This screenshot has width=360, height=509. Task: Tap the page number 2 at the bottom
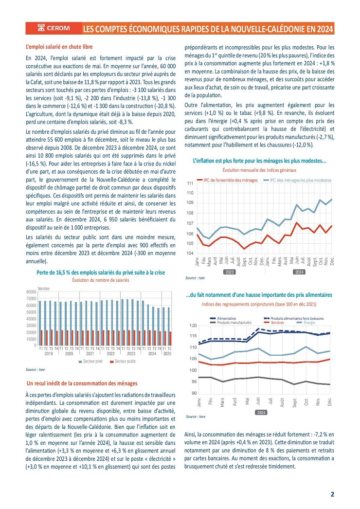click(x=333, y=494)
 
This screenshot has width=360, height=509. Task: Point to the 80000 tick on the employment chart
click(x=30, y=292)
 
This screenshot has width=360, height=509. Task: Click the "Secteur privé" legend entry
click(x=91, y=362)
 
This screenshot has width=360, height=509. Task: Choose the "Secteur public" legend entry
click(x=124, y=362)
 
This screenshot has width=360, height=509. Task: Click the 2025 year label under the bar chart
click(x=167, y=354)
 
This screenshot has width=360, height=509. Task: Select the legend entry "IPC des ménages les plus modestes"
click(x=297, y=180)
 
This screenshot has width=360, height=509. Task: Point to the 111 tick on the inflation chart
click(x=190, y=183)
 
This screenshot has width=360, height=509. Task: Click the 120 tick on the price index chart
click(x=193, y=326)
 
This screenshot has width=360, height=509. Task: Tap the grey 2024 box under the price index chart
click(x=261, y=412)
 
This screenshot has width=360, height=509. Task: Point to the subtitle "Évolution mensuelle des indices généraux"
click(x=259, y=170)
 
